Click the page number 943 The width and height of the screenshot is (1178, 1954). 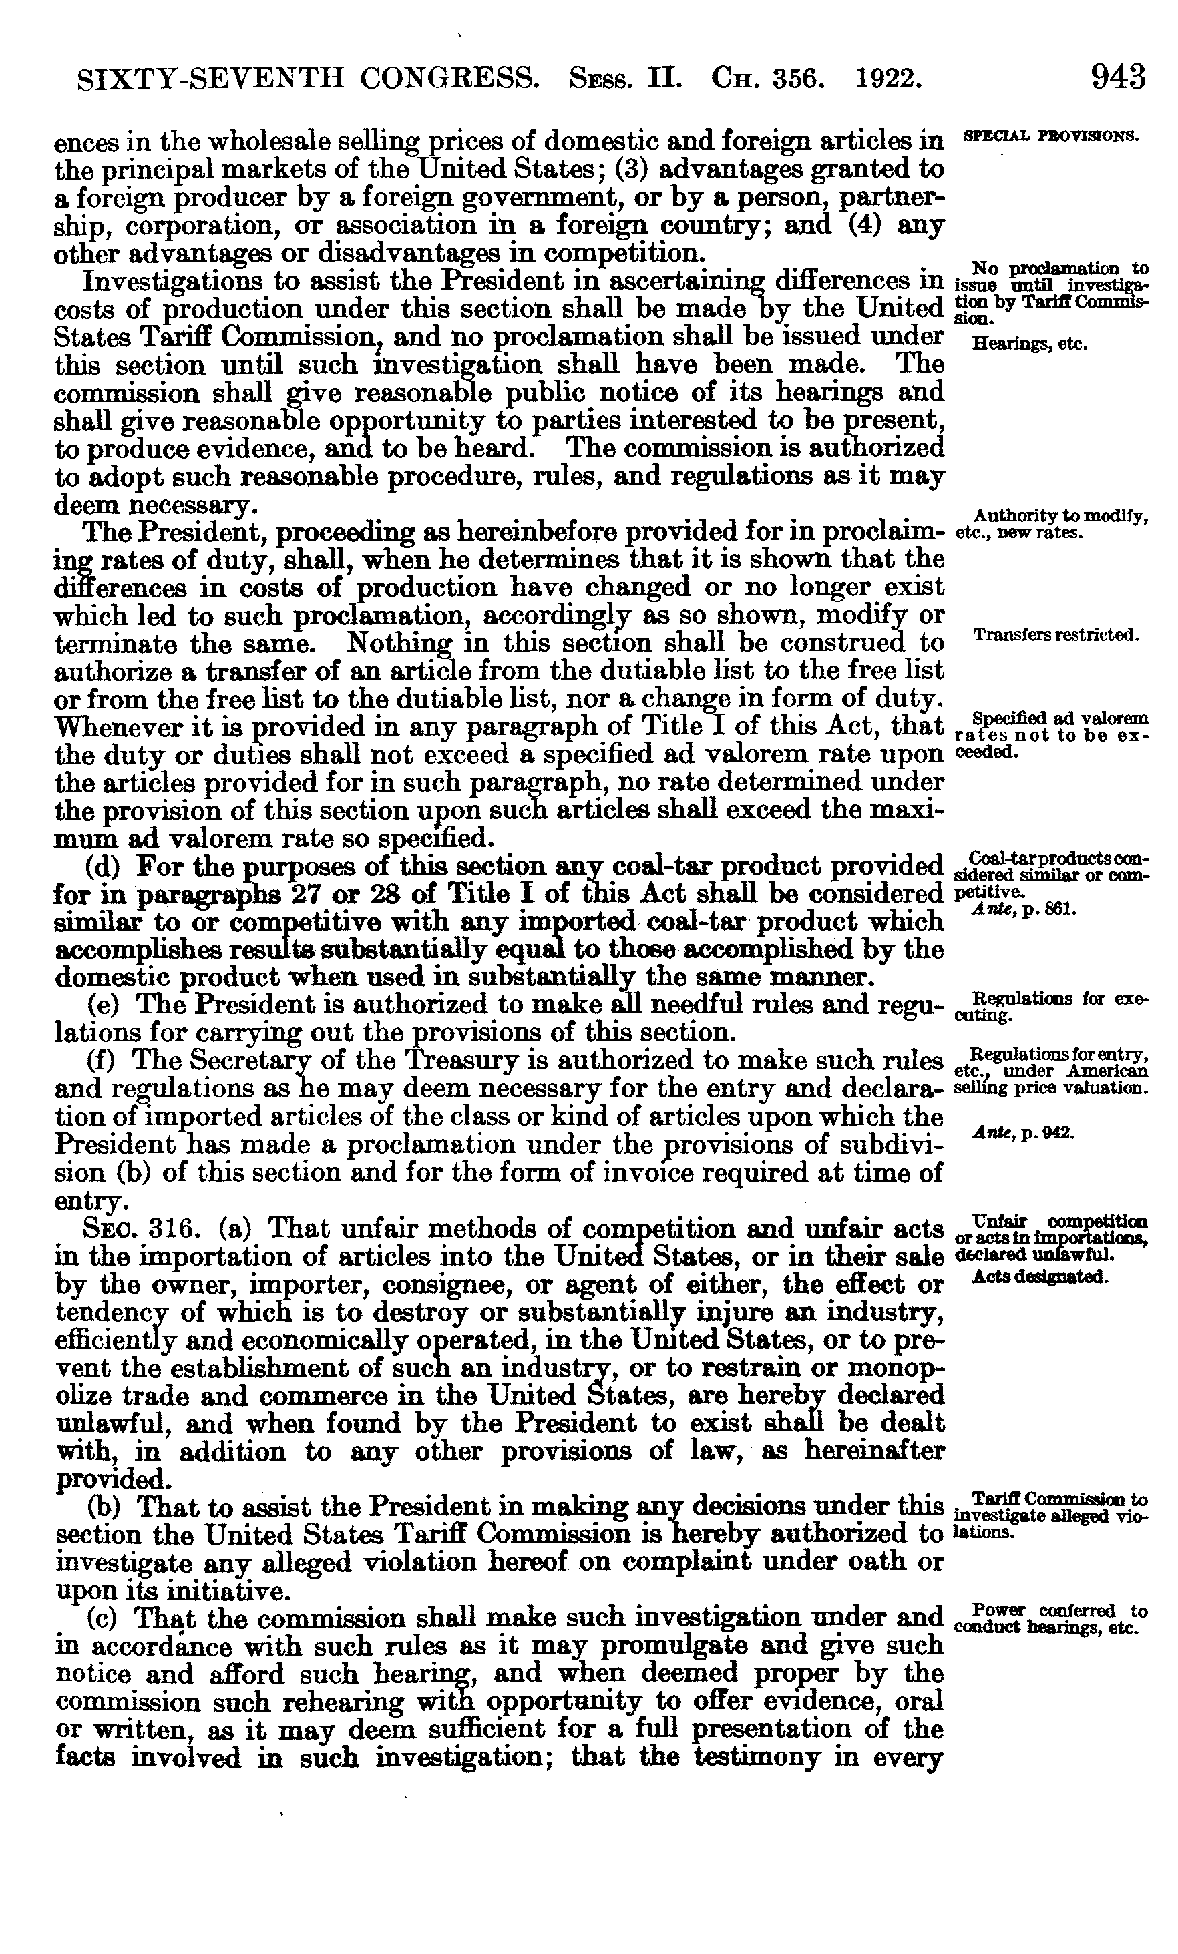1118,77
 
